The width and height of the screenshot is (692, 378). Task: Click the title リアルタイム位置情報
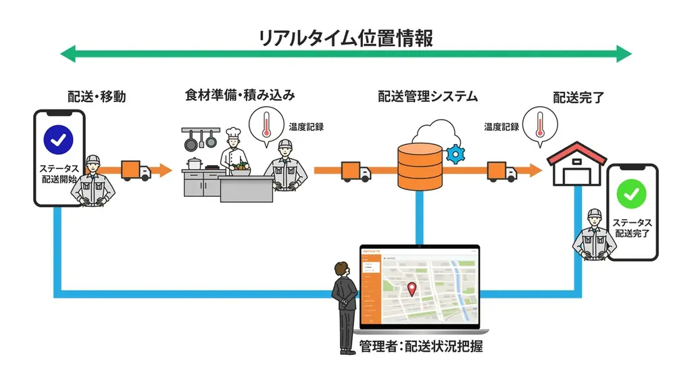click(345, 37)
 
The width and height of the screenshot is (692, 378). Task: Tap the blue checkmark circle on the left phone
click(59, 139)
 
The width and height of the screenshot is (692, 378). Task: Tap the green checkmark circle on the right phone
click(632, 195)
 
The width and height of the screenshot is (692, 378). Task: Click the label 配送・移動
click(97, 97)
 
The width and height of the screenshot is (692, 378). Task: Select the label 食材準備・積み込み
click(240, 95)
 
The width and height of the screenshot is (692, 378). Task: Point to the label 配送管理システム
click(428, 97)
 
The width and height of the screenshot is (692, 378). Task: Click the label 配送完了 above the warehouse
click(578, 97)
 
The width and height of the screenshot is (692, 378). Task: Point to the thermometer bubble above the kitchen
click(266, 126)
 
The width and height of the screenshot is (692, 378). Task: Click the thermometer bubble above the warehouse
click(539, 124)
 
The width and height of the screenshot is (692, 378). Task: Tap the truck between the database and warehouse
click(501, 172)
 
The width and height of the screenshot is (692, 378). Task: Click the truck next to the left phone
click(135, 170)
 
